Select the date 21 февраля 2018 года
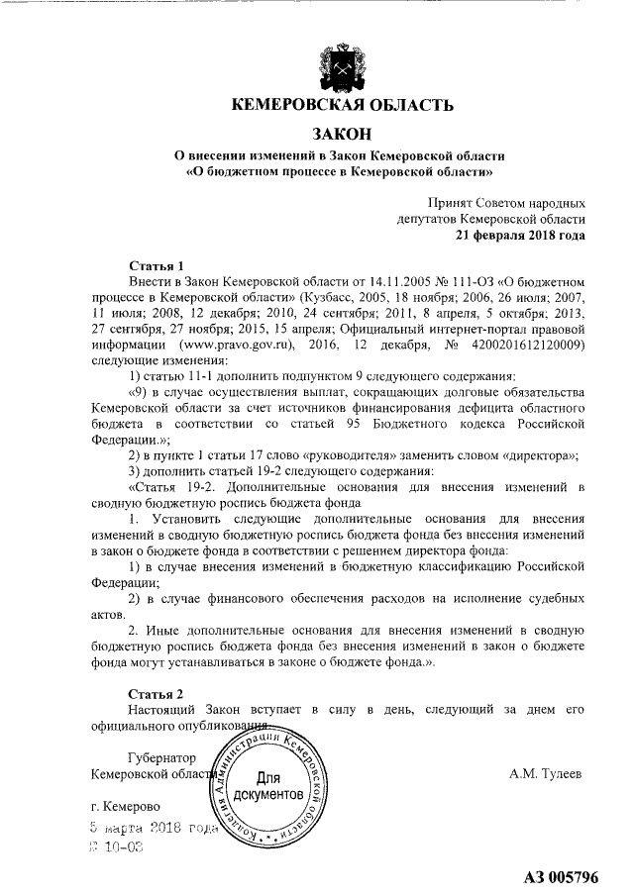pos(519,236)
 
